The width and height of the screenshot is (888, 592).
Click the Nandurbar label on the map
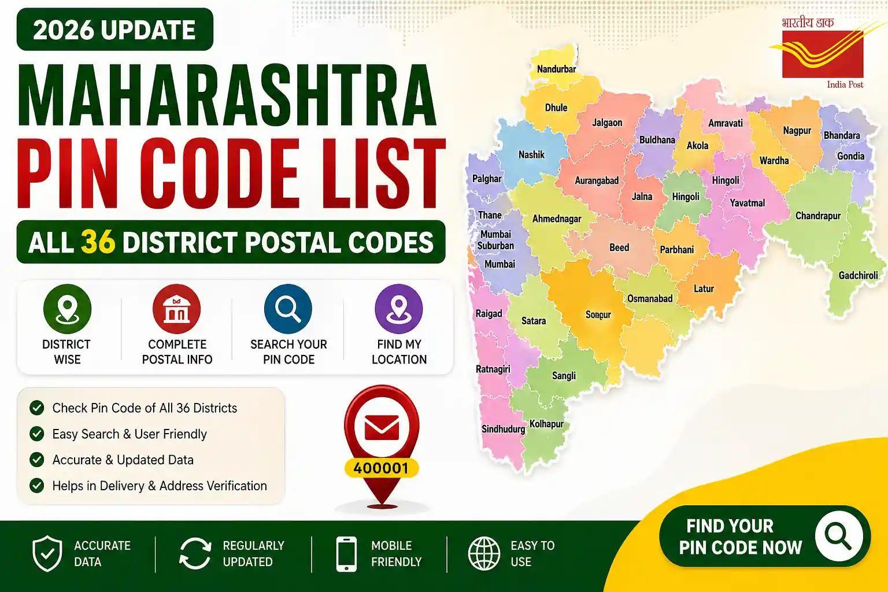click(556, 69)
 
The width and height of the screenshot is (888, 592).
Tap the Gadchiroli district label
click(858, 276)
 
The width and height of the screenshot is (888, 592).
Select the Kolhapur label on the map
click(546, 424)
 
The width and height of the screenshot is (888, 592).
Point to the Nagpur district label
click(797, 131)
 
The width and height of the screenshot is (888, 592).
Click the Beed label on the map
click(619, 247)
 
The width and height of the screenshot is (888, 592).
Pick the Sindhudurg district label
click(503, 429)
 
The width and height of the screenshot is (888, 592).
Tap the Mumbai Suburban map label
click(495, 240)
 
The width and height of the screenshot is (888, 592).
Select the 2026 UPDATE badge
click(114, 30)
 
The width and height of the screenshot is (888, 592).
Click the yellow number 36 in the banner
click(98, 242)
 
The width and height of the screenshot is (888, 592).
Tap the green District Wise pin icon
click(67, 309)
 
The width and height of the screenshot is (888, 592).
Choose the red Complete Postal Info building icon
click(177, 309)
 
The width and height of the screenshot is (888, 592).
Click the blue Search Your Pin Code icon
click(288, 309)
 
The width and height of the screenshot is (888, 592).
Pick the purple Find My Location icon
click(399, 309)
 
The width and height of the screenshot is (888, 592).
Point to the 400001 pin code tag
click(381, 468)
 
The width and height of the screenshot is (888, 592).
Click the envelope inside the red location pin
click(382, 428)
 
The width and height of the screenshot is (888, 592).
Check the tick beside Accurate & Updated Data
click(37, 460)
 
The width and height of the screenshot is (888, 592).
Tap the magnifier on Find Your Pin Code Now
click(838, 536)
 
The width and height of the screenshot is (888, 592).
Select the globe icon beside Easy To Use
click(484, 553)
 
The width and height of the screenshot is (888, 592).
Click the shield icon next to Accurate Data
click(47, 553)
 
